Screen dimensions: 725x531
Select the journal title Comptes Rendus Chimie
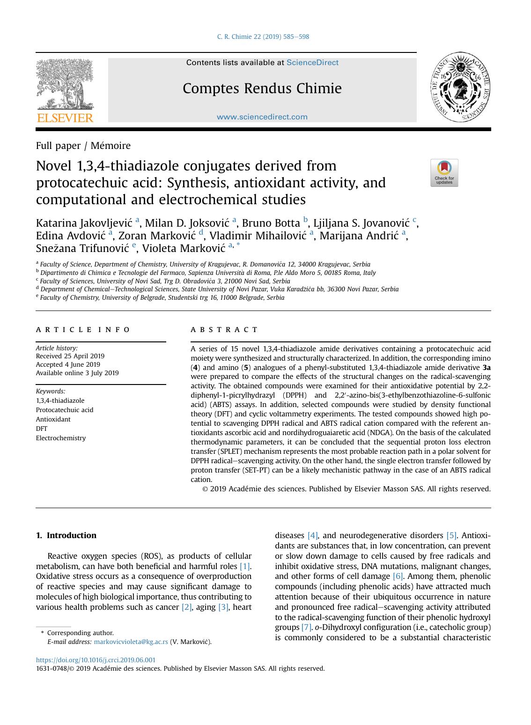coord(262,88)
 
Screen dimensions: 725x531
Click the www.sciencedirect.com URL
coord(262,117)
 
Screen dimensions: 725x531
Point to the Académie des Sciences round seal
coord(461,87)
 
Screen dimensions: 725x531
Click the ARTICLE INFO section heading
coord(83,329)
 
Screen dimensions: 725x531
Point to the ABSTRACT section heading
coord(224,329)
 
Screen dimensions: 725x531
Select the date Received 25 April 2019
coord(70,356)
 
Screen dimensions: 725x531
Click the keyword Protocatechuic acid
coord(65,410)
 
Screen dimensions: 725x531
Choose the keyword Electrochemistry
coord(61,438)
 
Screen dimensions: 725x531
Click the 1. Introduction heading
coord(66,535)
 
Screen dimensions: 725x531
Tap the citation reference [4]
coord(312,535)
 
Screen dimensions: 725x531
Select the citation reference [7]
coord(306,627)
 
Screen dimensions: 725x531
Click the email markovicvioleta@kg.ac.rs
coord(131,642)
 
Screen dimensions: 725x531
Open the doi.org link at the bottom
coord(96,660)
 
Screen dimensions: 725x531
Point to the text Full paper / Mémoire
coord(83,146)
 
